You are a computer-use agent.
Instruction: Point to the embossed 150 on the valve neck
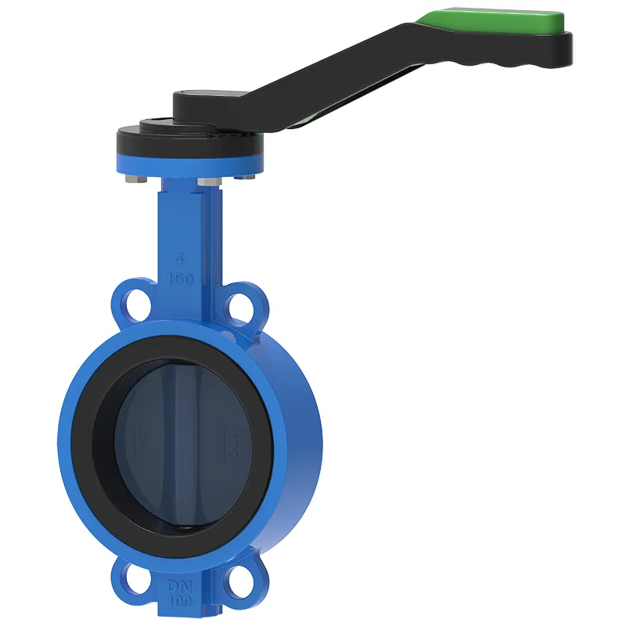pyautogui.click(x=181, y=279)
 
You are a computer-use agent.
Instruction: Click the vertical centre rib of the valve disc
pyautogui.click(x=185, y=438)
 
